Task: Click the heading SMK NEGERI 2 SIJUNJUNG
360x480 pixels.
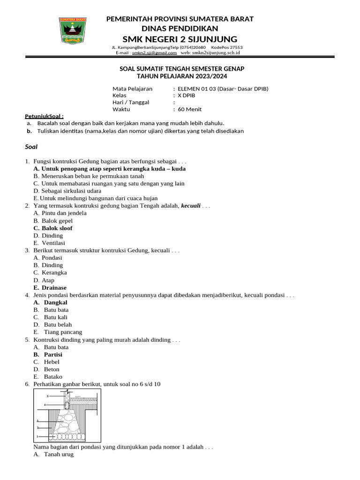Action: [x=180, y=38]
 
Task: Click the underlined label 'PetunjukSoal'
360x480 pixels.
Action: [x=44, y=116]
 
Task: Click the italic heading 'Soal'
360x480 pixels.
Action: [x=31, y=147]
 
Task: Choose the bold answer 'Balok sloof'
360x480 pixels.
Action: [x=57, y=228]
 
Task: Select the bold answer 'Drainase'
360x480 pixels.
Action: [x=54, y=288]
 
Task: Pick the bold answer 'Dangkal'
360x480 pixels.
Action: [x=56, y=303]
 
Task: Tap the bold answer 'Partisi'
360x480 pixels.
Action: [x=53, y=355]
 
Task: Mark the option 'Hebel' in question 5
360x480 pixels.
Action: [x=52, y=362]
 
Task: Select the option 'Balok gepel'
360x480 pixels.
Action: [x=57, y=221]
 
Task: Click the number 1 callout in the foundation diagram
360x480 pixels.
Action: [x=37, y=436]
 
